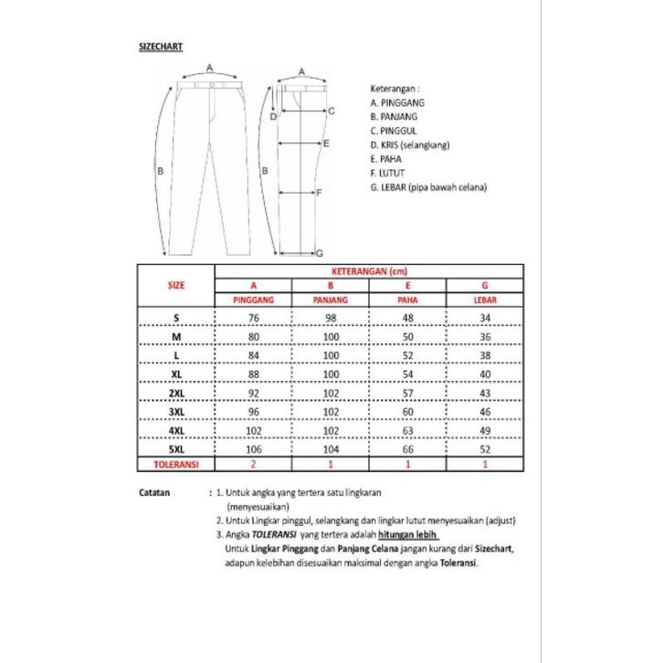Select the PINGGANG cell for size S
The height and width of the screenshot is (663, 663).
(254, 317)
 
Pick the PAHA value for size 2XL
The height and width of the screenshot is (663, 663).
(407, 392)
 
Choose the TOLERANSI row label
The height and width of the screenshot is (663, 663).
(175, 465)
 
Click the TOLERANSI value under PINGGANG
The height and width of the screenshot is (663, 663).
(254, 465)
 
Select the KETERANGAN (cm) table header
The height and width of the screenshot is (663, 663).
(369, 270)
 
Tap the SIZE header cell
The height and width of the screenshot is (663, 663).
(176, 285)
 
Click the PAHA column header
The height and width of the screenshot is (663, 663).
(407, 299)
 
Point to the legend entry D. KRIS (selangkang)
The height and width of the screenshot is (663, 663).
(410, 144)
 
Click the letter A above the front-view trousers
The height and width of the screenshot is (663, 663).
(210, 68)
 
